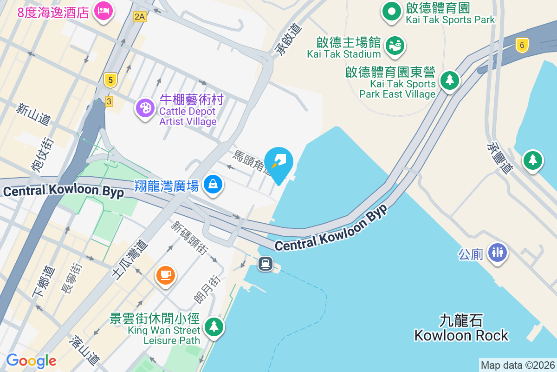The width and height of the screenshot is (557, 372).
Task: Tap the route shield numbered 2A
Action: pyautogui.click(x=139, y=17)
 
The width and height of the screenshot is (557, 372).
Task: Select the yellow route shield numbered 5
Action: pyautogui.click(x=110, y=80)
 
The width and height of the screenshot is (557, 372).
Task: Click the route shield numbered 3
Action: pyautogui.click(x=109, y=101)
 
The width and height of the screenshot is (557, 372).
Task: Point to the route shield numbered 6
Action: pyautogui.click(x=522, y=45)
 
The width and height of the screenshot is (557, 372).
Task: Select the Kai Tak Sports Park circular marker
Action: pyautogui.click(x=391, y=11)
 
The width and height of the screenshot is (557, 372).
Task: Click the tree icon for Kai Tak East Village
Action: pyautogui.click(x=449, y=80)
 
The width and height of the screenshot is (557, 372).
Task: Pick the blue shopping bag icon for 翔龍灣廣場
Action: pyautogui.click(x=213, y=184)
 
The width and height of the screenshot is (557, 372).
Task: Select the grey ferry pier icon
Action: pyautogui.click(x=266, y=264)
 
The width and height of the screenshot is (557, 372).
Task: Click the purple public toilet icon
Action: pyautogui.click(x=498, y=252)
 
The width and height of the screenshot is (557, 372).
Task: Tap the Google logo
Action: pyautogui.click(x=31, y=361)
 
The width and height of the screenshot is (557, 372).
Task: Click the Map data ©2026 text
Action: pyautogui.click(x=518, y=365)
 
